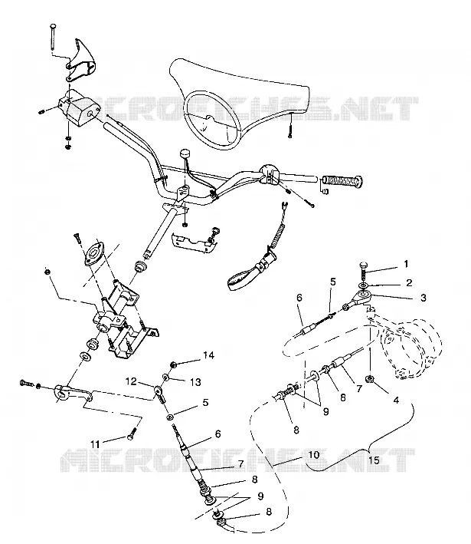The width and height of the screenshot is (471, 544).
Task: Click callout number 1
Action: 406,264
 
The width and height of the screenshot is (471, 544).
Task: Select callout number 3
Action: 424,298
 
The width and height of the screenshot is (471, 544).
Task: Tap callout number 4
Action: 396,400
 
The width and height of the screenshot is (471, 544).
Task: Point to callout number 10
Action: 314,454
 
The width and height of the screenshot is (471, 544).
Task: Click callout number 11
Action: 95,444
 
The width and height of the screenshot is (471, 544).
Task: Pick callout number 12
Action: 131,381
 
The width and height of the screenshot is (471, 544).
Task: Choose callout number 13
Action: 195,382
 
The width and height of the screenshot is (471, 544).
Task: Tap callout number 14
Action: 209,355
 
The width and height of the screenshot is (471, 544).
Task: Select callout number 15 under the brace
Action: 374,460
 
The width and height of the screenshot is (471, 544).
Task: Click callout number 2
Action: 409,283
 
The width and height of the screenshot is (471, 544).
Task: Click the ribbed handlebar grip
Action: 343,181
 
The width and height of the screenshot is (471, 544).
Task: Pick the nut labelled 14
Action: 174,364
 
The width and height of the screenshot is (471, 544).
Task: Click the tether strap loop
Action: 243,279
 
